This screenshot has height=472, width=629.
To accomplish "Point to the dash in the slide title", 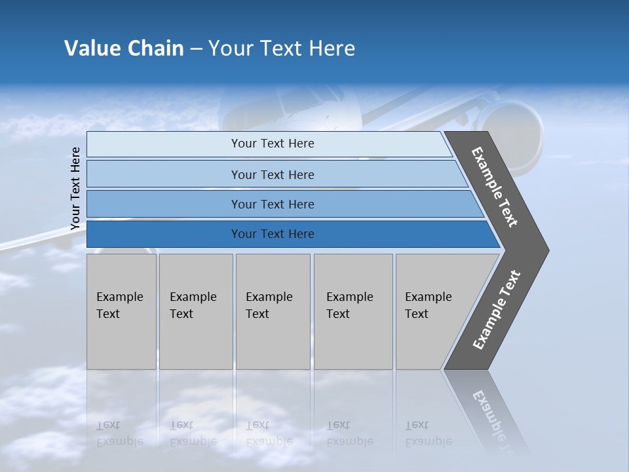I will point(196,49).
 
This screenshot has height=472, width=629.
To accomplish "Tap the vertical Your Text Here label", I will point(75,188).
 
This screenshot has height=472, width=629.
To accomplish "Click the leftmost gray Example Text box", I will point(121,311).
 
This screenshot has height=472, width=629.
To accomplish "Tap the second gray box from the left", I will point(195,311).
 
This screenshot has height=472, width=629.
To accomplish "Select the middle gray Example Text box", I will point(273,311).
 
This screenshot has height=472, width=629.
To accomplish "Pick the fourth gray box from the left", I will point(353,311).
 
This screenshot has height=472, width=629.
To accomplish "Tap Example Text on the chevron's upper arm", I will point(495,187).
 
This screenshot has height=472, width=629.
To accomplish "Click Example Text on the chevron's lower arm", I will point(497,310).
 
